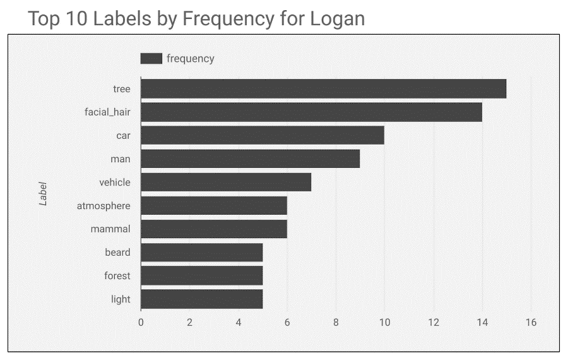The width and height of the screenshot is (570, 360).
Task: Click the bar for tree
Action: (323, 89)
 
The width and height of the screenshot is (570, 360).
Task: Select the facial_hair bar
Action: (311, 112)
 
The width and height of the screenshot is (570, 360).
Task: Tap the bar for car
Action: (262, 136)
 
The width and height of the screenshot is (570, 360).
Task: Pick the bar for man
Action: (250, 159)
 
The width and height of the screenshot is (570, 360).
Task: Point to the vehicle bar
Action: (226, 183)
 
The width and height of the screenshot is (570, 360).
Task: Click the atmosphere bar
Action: (213, 206)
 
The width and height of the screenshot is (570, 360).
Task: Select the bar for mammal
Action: (213, 229)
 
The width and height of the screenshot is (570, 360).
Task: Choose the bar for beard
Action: (201, 253)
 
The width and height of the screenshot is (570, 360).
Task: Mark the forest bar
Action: (201, 276)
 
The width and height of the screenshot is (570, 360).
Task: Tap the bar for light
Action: (201, 299)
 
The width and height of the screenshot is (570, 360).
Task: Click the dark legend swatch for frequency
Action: (151, 59)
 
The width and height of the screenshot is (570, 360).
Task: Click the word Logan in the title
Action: (337, 18)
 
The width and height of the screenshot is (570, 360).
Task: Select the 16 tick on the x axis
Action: (531, 323)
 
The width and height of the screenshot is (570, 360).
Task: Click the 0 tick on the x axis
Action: (141, 323)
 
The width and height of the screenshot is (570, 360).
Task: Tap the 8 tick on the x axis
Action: (336, 323)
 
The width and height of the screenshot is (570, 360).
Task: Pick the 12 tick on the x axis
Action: (434, 323)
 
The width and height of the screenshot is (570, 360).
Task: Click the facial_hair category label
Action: (107, 112)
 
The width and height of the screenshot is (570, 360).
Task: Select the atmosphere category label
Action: (104, 206)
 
